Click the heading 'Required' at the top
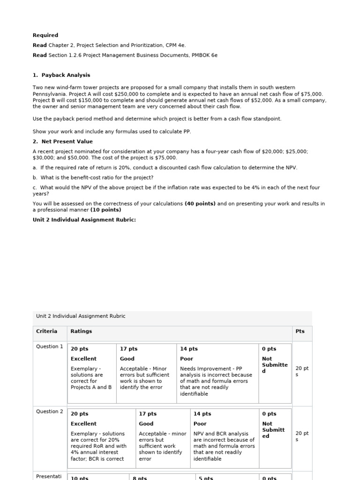coord(45,35)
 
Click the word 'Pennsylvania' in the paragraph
coord(49,94)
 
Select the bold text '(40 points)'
coord(200,203)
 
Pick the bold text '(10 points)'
coord(105,210)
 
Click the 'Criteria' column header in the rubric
coord(47,331)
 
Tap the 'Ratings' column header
coord(81,331)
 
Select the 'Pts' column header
coord(300,331)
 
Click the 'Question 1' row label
coord(50,347)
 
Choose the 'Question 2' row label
coord(50,412)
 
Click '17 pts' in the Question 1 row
coord(128,349)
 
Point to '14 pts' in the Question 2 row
coord(202,414)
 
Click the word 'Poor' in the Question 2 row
coord(200,424)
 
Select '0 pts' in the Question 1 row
coord(269,349)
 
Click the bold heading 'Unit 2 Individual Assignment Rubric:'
coord(84,219)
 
